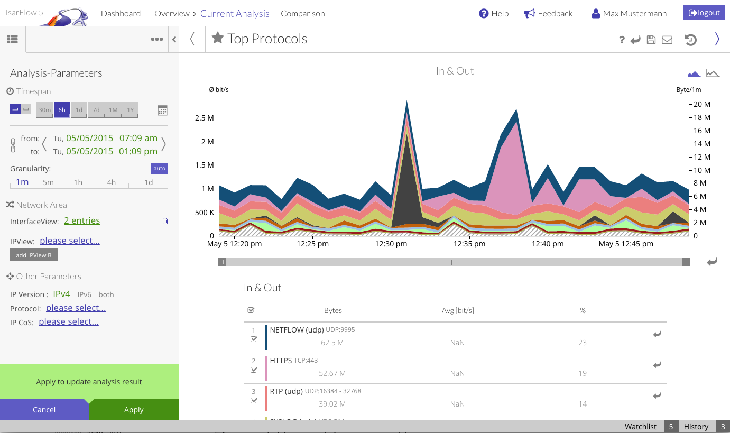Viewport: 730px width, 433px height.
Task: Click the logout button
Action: [704, 13]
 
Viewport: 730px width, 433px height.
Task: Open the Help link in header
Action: [494, 14]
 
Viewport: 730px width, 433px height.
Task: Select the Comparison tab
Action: [302, 14]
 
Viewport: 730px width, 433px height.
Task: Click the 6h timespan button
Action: [62, 110]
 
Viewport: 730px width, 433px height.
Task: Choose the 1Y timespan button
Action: [130, 110]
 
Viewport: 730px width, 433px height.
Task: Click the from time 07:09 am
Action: [138, 138]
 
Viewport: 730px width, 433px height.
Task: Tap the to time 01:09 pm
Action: [138, 151]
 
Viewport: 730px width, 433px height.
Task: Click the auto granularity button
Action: [159, 168]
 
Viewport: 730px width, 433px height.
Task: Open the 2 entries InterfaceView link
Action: [82, 221]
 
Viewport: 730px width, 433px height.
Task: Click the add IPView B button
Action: [34, 255]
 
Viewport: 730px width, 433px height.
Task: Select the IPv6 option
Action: [85, 294]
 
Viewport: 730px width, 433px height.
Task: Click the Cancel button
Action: [44, 410]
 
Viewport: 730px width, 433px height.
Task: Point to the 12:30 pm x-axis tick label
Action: [391, 244]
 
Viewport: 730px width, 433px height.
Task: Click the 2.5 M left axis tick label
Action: [204, 118]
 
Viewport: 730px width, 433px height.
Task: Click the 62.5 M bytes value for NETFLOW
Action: [332, 343]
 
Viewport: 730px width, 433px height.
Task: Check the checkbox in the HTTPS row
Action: [254, 370]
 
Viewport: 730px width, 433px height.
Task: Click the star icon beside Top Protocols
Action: [217, 38]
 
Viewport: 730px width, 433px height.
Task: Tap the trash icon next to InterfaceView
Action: [165, 221]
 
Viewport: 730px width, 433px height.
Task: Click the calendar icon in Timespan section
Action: [162, 110]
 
